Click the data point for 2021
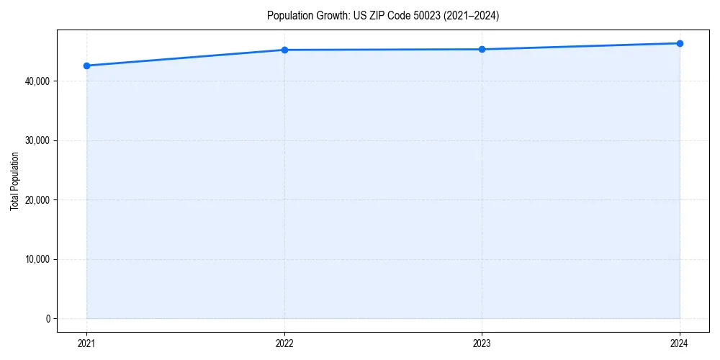coord(86,66)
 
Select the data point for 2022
coord(284,50)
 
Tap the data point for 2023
coord(482,49)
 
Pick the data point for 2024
coord(680,43)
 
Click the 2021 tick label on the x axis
coord(86,343)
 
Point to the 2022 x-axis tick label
coord(284,343)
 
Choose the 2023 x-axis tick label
coord(482,343)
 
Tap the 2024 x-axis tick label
coord(680,343)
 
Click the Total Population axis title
coord(14,181)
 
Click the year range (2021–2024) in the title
coord(473,15)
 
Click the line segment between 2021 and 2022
coord(185,58)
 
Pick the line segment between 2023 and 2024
coord(580,46)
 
